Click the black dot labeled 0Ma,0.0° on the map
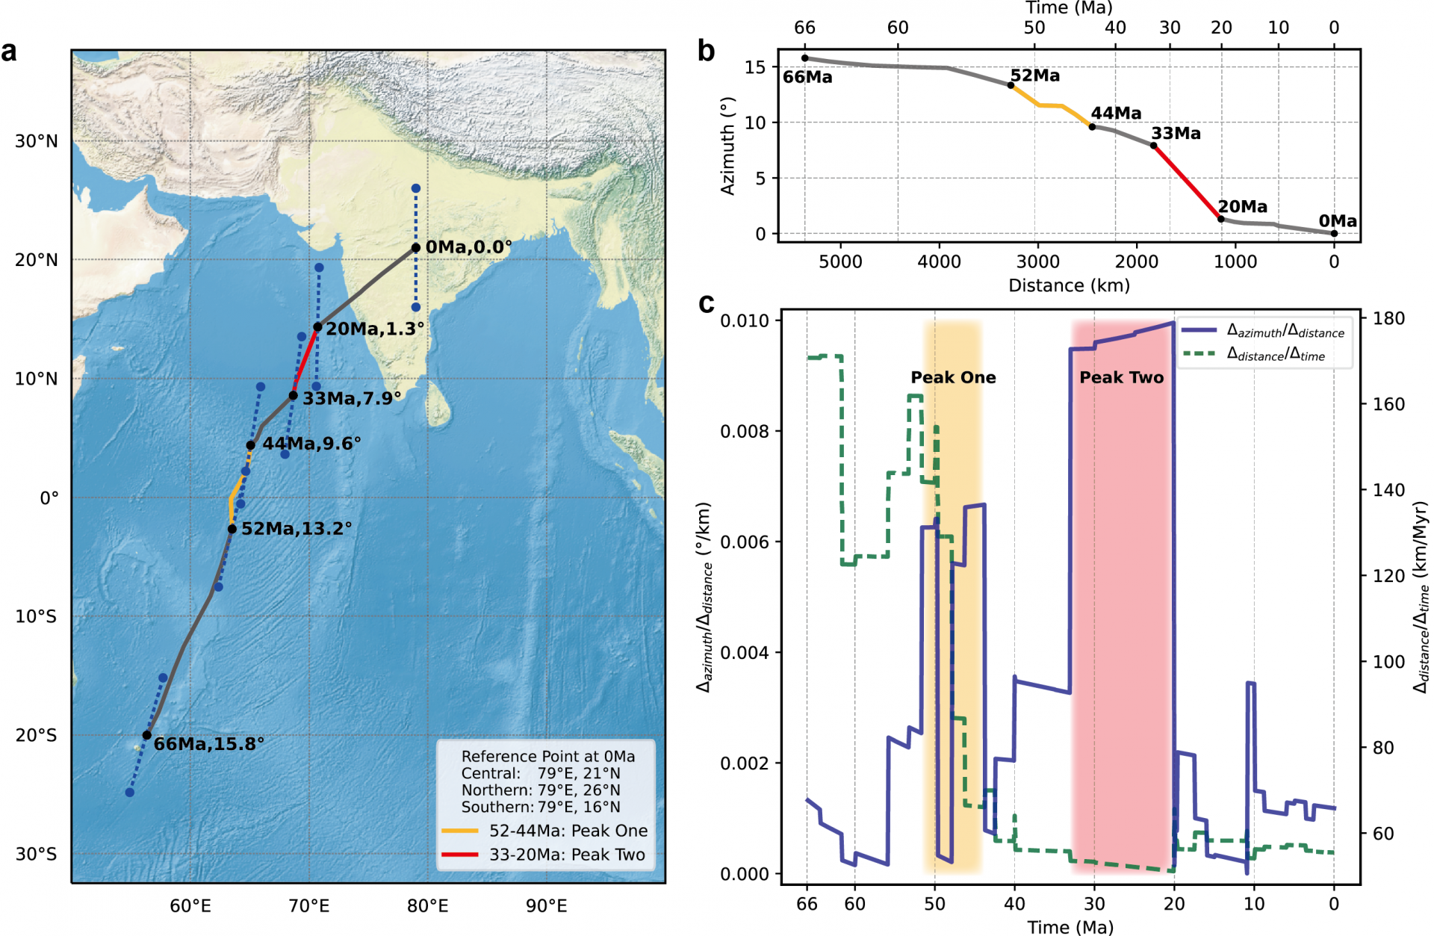416,247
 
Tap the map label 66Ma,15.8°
208,744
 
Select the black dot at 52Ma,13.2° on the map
232,529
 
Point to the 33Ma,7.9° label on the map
351,398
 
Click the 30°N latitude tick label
37,141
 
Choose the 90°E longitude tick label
546,906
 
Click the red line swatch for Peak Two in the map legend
459,855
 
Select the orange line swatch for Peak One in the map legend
459,831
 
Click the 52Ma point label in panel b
1035,75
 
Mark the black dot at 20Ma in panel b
1221,219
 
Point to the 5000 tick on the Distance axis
840,261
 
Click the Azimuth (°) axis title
727,146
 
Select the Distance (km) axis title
1069,285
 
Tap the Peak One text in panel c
953,377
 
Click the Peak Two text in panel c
1121,377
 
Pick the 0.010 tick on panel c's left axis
744,320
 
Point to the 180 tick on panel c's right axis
1388,318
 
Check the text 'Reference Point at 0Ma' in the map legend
547,756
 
